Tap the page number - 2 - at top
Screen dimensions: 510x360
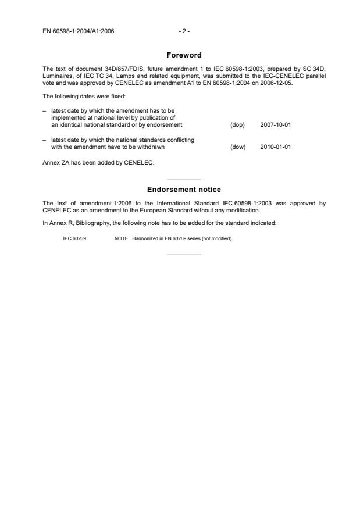coord(184,31)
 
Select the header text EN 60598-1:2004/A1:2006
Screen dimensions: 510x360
coord(78,31)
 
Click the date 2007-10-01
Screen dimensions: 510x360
coord(276,125)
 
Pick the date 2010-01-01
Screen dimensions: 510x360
coord(276,147)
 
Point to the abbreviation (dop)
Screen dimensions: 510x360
coord(237,125)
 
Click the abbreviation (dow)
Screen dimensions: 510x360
coord(238,147)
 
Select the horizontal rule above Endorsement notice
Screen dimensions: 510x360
coord(184,178)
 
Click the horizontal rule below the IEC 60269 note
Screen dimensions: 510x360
coord(184,253)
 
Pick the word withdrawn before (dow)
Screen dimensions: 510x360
coord(144,147)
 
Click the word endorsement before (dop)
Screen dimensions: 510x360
coord(165,125)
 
